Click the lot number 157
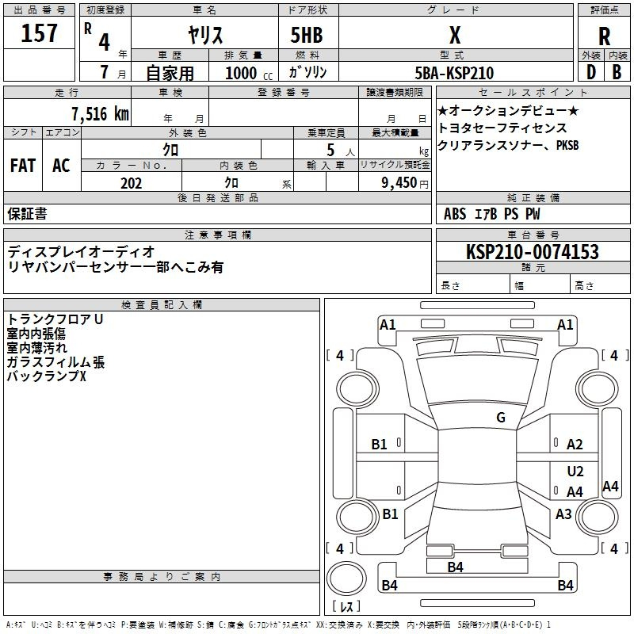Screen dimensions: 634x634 click(x=39, y=32)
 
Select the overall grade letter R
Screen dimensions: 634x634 click(x=604, y=36)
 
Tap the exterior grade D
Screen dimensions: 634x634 click(x=591, y=72)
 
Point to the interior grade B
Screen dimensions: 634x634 click(x=617, y=72)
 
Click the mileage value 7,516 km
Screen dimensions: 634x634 click(x=101, y=114)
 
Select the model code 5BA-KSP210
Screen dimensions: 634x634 click(x=454, y=73)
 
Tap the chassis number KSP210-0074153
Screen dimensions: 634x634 click(x=533, y=252)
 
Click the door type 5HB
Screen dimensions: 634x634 click(x=307, y=35)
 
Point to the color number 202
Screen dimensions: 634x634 click(x=131, y=183)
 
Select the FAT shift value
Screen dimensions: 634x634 click(x=23, y=166)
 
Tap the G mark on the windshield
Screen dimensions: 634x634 click(x=501, y=418)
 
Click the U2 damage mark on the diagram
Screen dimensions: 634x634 click(x=575, y=471)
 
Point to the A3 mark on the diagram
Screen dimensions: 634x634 click(x=563, y=514)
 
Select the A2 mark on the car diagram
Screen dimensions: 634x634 click(x=575, y=445)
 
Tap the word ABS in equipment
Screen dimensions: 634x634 click(x=455, y=214)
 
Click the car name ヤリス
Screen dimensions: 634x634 click(x=205, y=35)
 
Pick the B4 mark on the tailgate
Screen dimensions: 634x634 click(x=455, y=567)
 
